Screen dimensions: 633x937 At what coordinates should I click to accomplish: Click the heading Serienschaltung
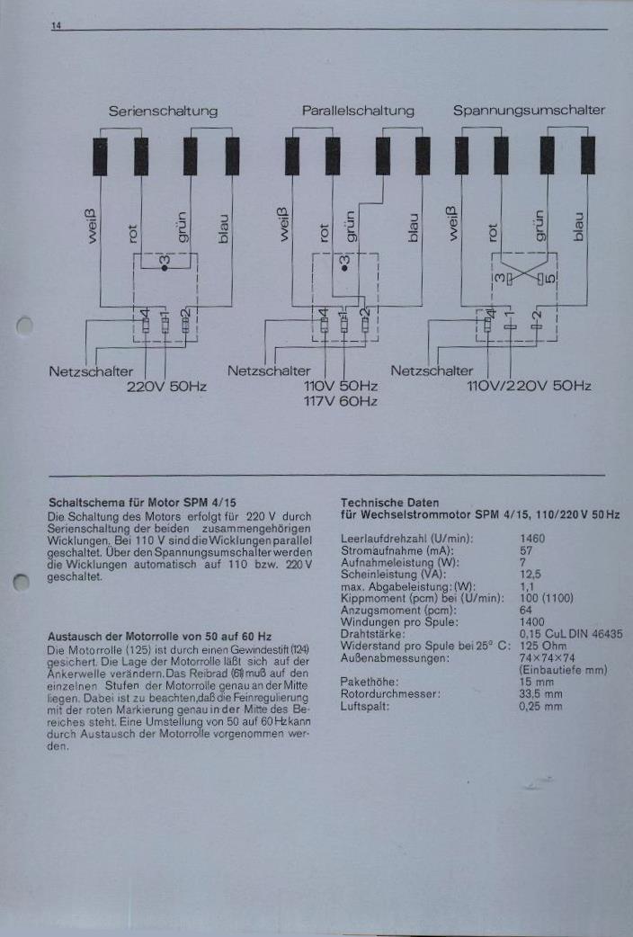click(163, 112)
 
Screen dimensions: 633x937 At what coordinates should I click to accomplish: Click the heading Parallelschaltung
click(358, 111)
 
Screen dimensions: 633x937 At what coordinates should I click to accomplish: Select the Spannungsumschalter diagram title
click(529, 111)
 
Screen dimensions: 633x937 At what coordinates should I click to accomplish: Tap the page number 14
click(56, 26)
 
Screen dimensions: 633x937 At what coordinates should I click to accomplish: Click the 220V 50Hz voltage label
click(166, 387)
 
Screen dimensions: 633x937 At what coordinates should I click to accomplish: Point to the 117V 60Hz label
click(340, 401)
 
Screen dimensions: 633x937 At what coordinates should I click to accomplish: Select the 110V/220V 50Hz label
click(529, 386)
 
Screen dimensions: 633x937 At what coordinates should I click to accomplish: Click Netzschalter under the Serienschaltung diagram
click(91, 371)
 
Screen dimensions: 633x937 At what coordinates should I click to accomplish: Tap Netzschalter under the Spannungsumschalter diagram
click(432, 370)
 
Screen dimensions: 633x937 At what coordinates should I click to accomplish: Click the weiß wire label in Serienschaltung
click(92, 226)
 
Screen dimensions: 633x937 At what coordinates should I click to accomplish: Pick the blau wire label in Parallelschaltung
click(413, 228)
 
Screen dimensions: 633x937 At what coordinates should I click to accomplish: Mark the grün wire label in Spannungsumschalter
click(539, 226)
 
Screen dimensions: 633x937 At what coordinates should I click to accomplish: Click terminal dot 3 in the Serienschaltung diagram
click(165, 268)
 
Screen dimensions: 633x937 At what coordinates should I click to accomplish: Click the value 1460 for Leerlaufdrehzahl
click(532, 539)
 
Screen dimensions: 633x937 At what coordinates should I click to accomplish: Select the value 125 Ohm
click(543, 646)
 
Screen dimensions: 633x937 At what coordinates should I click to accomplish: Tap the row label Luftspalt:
click(365, 706)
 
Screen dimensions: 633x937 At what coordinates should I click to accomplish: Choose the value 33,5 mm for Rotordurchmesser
click(540, 694)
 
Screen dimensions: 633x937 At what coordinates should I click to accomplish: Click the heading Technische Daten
click(389, 503)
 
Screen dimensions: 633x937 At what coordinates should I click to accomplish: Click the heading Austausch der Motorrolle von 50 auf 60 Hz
click(159, 637)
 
